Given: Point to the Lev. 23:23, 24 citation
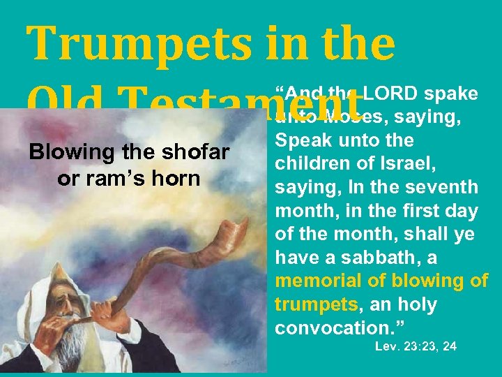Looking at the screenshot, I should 416,346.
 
